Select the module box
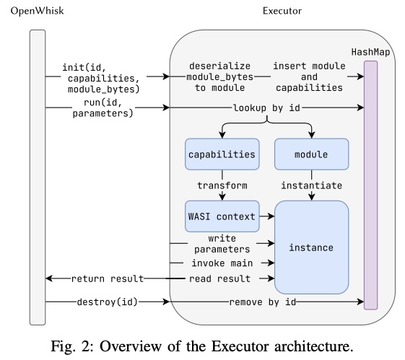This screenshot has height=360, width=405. (311, 155)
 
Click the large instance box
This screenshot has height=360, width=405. (311, 247)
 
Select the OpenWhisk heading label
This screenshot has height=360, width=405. (34, 12)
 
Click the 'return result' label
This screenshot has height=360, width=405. (107, 278)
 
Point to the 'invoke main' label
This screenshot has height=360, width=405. (222, 263)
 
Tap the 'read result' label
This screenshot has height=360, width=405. (222, 278)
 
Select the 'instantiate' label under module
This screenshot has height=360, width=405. (311, 185)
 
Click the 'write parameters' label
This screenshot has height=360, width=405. (222, 242)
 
